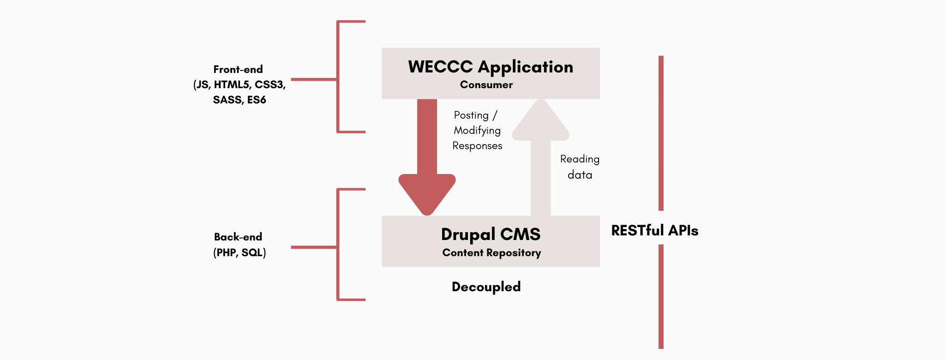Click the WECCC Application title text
(491, 67)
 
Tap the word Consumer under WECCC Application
(486, 85)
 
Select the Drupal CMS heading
(491, 234)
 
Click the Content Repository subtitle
(491, 253)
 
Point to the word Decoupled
(486, 287)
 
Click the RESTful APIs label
(654, 230)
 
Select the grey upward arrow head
(540, 122)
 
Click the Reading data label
(580, 167)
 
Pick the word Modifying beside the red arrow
(477, 131)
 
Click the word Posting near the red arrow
(471, 115)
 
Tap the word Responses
(477, 146)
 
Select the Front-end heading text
(238, 70)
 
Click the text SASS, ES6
(239, 100)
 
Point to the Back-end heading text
(238, 237)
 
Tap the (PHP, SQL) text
(239, 253)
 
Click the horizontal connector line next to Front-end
(314, 79)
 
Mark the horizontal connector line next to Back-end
(314, 247)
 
